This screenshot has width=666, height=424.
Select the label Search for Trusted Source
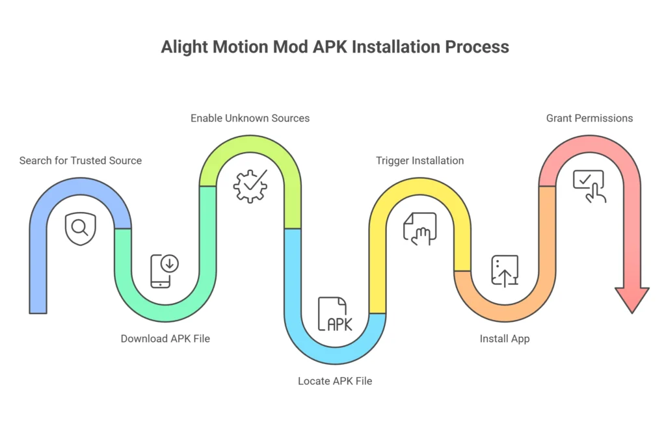[x=81, y=161]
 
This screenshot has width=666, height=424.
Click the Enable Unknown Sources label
[x=250, y=118]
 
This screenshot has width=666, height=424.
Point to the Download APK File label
[x=165, y=339]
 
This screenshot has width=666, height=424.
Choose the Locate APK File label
[x=335, y=381]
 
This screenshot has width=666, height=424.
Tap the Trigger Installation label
[x=420, y=161]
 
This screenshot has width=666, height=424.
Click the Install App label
[x=505, y=339]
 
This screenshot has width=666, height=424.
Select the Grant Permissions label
[x=589, y=118]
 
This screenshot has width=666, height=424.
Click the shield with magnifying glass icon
[x=81, y=228]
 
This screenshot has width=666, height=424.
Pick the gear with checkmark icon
[x=250, y=187]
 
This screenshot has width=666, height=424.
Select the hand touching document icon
[x=420, y=228]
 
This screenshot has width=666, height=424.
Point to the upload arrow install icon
[x=505, y=271]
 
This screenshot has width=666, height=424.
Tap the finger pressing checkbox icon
[x=589, y=186]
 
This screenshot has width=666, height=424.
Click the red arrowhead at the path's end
[x=632, y=300]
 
